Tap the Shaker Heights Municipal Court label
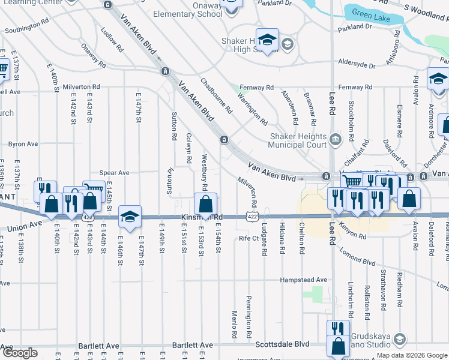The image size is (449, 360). point(298,140)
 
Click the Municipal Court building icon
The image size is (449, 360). point(335,140)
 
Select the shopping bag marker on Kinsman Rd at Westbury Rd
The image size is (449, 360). point(205,203)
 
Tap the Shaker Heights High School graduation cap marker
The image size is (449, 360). point(268,40)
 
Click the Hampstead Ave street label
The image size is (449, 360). point(304,280)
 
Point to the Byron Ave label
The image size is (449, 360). point(23,144)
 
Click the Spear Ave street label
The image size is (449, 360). point(114,173)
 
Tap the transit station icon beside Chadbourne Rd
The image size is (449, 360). point(223,140)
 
